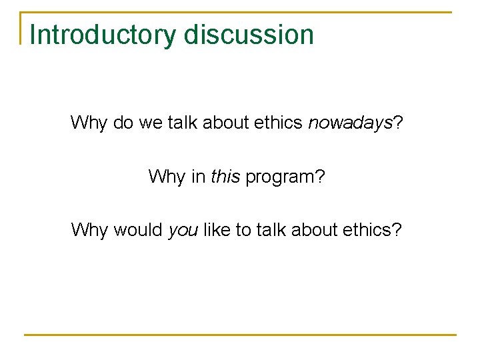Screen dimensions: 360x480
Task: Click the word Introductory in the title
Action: pyautogui.click(x=104, y=35)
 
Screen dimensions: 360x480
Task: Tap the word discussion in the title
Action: pyautogui.click(x=249, y=35)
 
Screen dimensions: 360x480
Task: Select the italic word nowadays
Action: pyautogui.click(x=349, y=123)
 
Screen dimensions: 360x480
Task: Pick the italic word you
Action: pyautogui.click(x=183, y=231)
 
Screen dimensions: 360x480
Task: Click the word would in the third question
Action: pyautogui.click(x=138, y=230)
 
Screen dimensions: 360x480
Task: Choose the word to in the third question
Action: pyautogui.click(x=243, y=230)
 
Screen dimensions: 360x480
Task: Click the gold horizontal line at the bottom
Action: pyautogui.click(x=240, y=334)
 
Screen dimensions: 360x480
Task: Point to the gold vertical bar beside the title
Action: pyautogui.click(x=21, y=28)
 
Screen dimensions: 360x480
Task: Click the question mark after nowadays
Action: pyautogui.click(x=397, y=123)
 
